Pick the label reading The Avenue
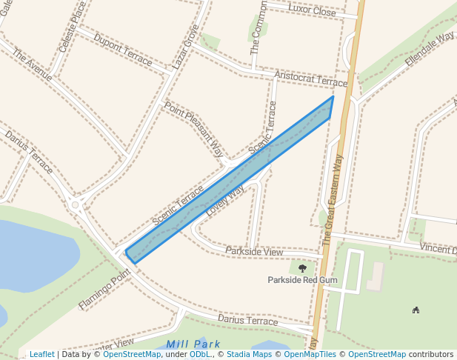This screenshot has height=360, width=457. click(33, 66)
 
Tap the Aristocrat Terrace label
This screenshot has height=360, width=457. click(310, 79)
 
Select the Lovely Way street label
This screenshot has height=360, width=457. click(225, 199)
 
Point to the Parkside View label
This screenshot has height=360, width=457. click(254, 253)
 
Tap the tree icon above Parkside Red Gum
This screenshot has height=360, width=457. click(302, 268)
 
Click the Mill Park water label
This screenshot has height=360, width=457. click(193, 344)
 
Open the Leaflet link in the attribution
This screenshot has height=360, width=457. click(41, 355)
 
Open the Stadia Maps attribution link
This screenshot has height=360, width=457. click(249, 355)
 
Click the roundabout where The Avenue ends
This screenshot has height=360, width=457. click(74, 204)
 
